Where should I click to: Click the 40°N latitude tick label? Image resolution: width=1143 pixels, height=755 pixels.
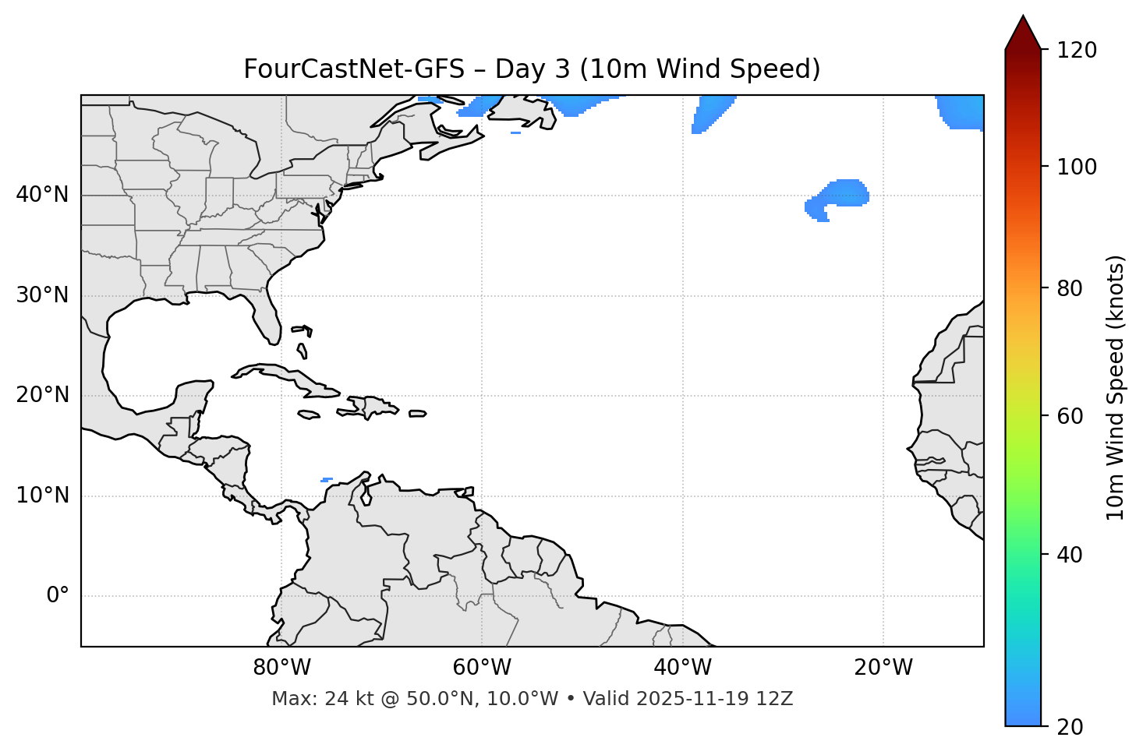pos(42,195)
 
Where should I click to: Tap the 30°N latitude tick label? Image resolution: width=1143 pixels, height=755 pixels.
pos(42,295)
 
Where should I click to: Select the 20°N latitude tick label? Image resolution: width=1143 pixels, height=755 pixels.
pos(42,395)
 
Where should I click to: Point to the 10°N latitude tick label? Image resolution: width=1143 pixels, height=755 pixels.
pos(42,496)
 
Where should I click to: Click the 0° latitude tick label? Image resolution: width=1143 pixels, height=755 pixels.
pos(58,596)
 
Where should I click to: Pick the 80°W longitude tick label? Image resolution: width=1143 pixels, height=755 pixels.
pos(281,668)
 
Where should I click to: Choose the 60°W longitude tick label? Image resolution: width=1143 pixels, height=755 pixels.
pos(482,668)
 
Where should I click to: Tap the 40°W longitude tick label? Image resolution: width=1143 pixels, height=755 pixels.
pos(682,668)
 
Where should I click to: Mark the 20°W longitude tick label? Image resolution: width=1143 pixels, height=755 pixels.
pos(883,668)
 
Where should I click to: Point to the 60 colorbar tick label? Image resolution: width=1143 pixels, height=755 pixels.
pos(1072,416)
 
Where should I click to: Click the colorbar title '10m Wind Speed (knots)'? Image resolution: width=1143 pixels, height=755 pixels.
pos(1116,388)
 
